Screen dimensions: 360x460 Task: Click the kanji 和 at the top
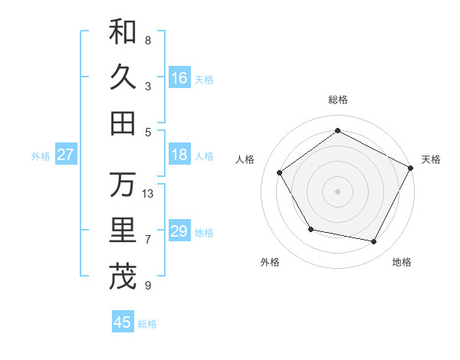point(123,31)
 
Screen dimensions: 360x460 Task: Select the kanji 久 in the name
point(123,77)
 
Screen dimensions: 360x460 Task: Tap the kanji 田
point(123,123)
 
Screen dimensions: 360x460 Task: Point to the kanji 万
point(123,185)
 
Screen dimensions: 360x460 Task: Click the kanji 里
point(123,231)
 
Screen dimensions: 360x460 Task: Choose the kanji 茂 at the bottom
point(123,277)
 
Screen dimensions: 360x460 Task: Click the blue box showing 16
point(179,77)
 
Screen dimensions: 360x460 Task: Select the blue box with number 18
point(179,155)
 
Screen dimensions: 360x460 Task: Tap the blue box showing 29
point(179,231)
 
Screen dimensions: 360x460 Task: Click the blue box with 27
point(65,155)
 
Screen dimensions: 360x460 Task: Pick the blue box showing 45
point(123,322)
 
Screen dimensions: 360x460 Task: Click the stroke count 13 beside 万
point(148,194)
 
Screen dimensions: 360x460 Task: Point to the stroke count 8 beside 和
point(148,40)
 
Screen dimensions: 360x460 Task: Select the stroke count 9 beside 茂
point(148,286)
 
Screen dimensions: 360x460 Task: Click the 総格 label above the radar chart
point(338,100)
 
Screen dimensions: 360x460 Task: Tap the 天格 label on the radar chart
point(431,159)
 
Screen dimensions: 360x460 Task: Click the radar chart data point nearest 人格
point(280,172)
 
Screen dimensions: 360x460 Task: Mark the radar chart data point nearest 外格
point(310,229)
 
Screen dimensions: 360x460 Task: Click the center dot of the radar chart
point(338,191)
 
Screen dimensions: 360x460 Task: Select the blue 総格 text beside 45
point(147,323)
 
